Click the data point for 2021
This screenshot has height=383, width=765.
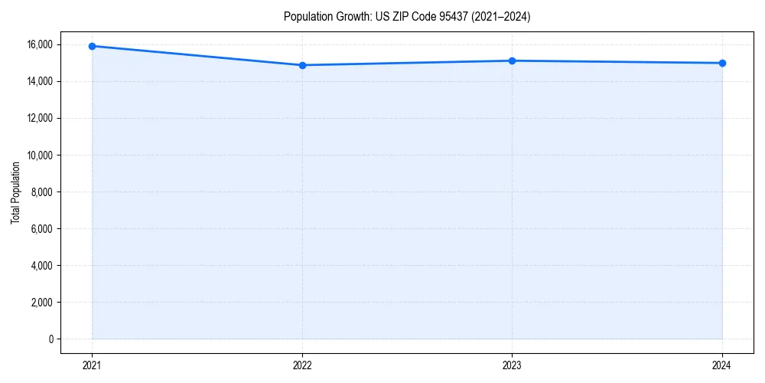click(92, 46)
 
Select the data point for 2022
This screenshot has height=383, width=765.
click(302, 65)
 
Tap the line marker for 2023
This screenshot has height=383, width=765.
click(512, 61)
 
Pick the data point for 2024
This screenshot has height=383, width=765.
click(722, 63)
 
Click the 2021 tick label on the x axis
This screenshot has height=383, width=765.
click(92, 365)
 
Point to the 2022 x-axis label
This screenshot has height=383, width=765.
click(302, 365)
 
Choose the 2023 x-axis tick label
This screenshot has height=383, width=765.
click(512, 365)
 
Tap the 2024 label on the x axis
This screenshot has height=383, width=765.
click(722, 365)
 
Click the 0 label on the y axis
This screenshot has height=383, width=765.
click(50, 339)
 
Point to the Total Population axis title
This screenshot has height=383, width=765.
click(15, 191)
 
